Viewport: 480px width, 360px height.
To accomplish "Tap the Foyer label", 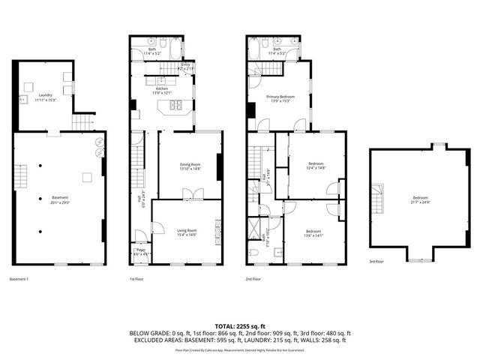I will (139, 250).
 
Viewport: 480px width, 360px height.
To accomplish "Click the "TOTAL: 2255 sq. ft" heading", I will (240, 325).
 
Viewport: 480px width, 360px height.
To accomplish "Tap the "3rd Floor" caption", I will (376, 262).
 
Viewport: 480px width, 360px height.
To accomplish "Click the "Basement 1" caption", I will (19, 279).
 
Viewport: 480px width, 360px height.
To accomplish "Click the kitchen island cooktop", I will (178, 106).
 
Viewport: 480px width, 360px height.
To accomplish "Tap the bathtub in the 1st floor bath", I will (171, 52).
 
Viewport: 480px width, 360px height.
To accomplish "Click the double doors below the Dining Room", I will (189, 196).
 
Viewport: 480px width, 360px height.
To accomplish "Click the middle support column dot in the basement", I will (40, 198).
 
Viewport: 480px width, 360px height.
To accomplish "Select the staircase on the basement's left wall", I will (22, 178).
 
